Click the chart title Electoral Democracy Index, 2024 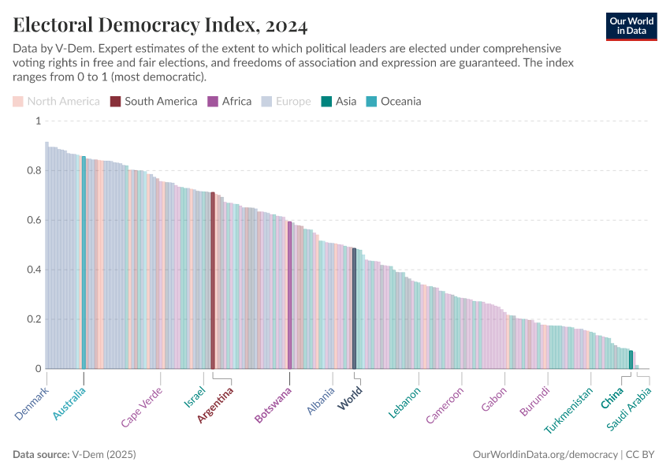[160, 25]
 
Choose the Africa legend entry [229, 101]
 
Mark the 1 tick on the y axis [36, 121]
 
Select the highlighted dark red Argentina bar [213, 281]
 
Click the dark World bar [354, 308]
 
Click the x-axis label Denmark [32, 403]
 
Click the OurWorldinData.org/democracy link [545, 455]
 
